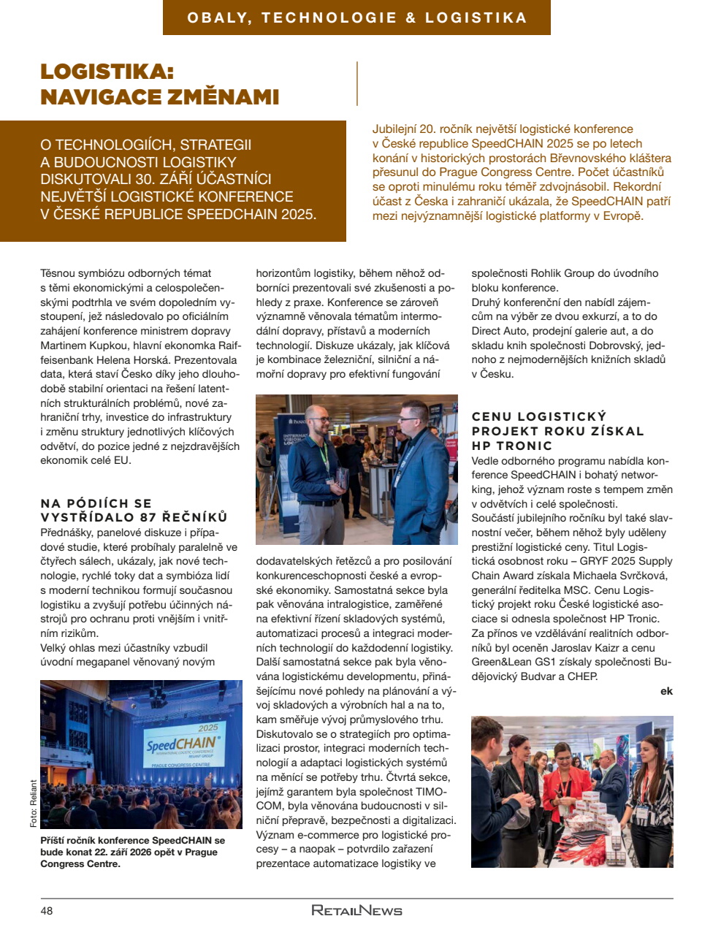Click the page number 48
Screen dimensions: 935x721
click(47, 910)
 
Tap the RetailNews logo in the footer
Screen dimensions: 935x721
click(356, 910)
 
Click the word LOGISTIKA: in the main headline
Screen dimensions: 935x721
click(107, 72)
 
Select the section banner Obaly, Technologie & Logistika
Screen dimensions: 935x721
click(356, 18)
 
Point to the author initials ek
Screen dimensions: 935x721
click(666, 691)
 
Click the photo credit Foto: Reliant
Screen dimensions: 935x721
click(34, 804)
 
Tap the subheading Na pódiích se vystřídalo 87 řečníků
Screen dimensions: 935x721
click(134, 510)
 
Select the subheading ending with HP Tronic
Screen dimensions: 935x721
click(557, 431)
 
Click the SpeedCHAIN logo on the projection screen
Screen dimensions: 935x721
click(182, 744)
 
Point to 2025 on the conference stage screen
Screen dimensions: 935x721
click(207, 728)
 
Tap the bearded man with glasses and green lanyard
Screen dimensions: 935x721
click(319, 460)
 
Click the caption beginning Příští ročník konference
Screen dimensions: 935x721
click(132, 852)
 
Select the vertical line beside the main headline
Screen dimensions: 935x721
click(356, 83)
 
